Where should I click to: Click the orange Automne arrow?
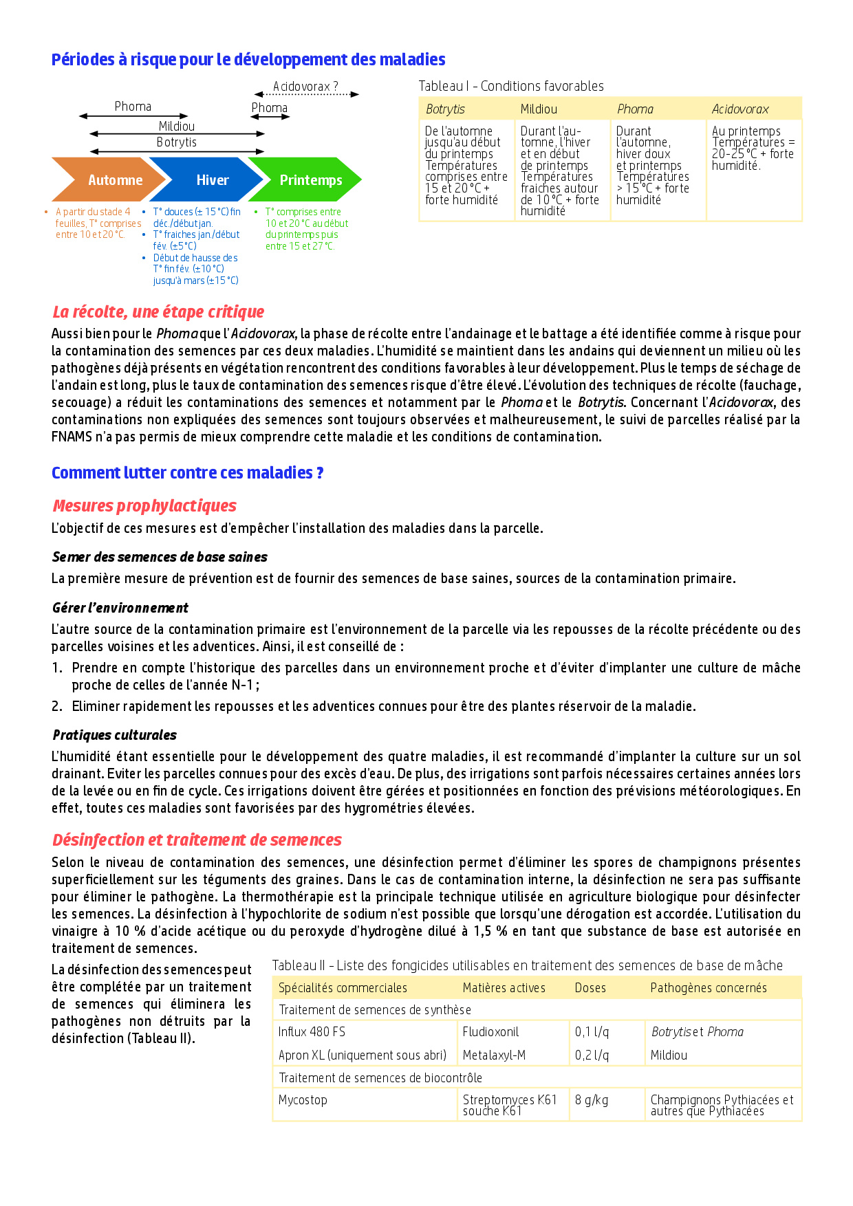110,180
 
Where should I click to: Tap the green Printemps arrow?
308,180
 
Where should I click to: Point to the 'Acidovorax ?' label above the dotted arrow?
305,87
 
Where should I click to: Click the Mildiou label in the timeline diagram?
177,127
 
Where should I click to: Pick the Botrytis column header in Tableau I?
445,109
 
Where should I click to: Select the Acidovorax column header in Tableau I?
740,109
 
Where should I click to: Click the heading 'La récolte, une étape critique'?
158,312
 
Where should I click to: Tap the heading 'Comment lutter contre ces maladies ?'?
187,473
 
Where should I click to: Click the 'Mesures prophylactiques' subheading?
144,506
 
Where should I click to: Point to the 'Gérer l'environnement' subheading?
120,608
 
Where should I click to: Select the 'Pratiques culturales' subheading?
114,735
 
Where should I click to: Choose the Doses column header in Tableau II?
590,988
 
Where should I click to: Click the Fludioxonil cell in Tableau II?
490,1032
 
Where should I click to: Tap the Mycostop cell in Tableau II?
303,1100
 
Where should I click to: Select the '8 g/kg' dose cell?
592,1100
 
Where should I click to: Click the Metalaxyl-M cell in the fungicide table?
494,1055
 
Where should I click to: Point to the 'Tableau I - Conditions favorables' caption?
511,86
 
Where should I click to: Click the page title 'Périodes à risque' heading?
248,60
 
